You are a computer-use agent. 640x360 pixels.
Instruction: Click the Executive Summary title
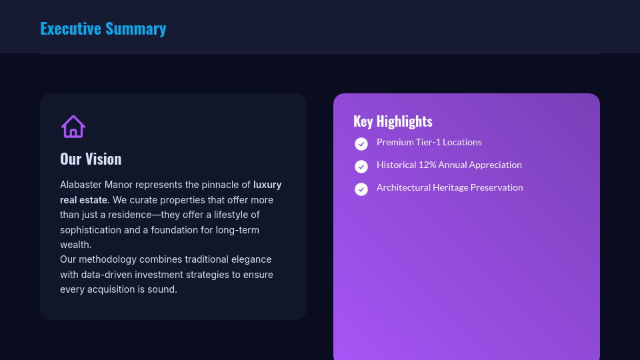pyautogui.click(x=103, y=29)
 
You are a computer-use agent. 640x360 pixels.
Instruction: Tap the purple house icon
pyautogui.click(x=73, y=127)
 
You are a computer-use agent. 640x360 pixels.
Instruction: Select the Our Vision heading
pyautogui.click(x=91, y=159)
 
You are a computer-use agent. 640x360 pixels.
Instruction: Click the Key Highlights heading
pyautogui.click(x=393, y=121)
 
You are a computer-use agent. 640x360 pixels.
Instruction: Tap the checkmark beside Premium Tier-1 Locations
pyautogui.click(x=361, y=144)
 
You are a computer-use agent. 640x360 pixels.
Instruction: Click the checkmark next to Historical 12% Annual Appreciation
pyautogui.click(x=361, y=167)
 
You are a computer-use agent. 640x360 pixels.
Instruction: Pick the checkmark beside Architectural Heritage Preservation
pyautogui.click(x=361, y=189)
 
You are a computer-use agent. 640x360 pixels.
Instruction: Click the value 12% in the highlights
pyautogui.click(x=427, y=165)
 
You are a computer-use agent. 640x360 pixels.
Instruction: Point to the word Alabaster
pyautogui.click(x=81, y=185)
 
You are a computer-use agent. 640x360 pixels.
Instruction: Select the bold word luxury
pyautogui.click(x=267, y=185)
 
